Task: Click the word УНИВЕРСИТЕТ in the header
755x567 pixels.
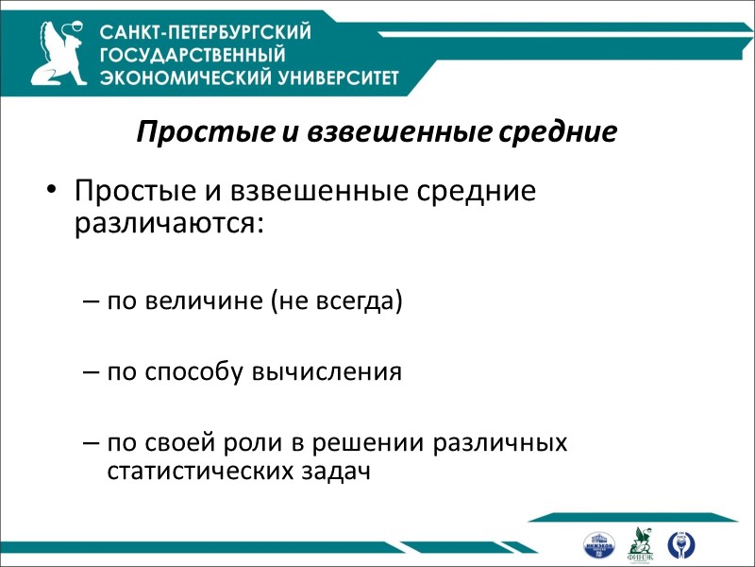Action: (331, 77)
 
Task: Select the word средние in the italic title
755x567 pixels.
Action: (560, 132)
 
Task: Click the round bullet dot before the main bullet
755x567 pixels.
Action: (51, 192)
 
